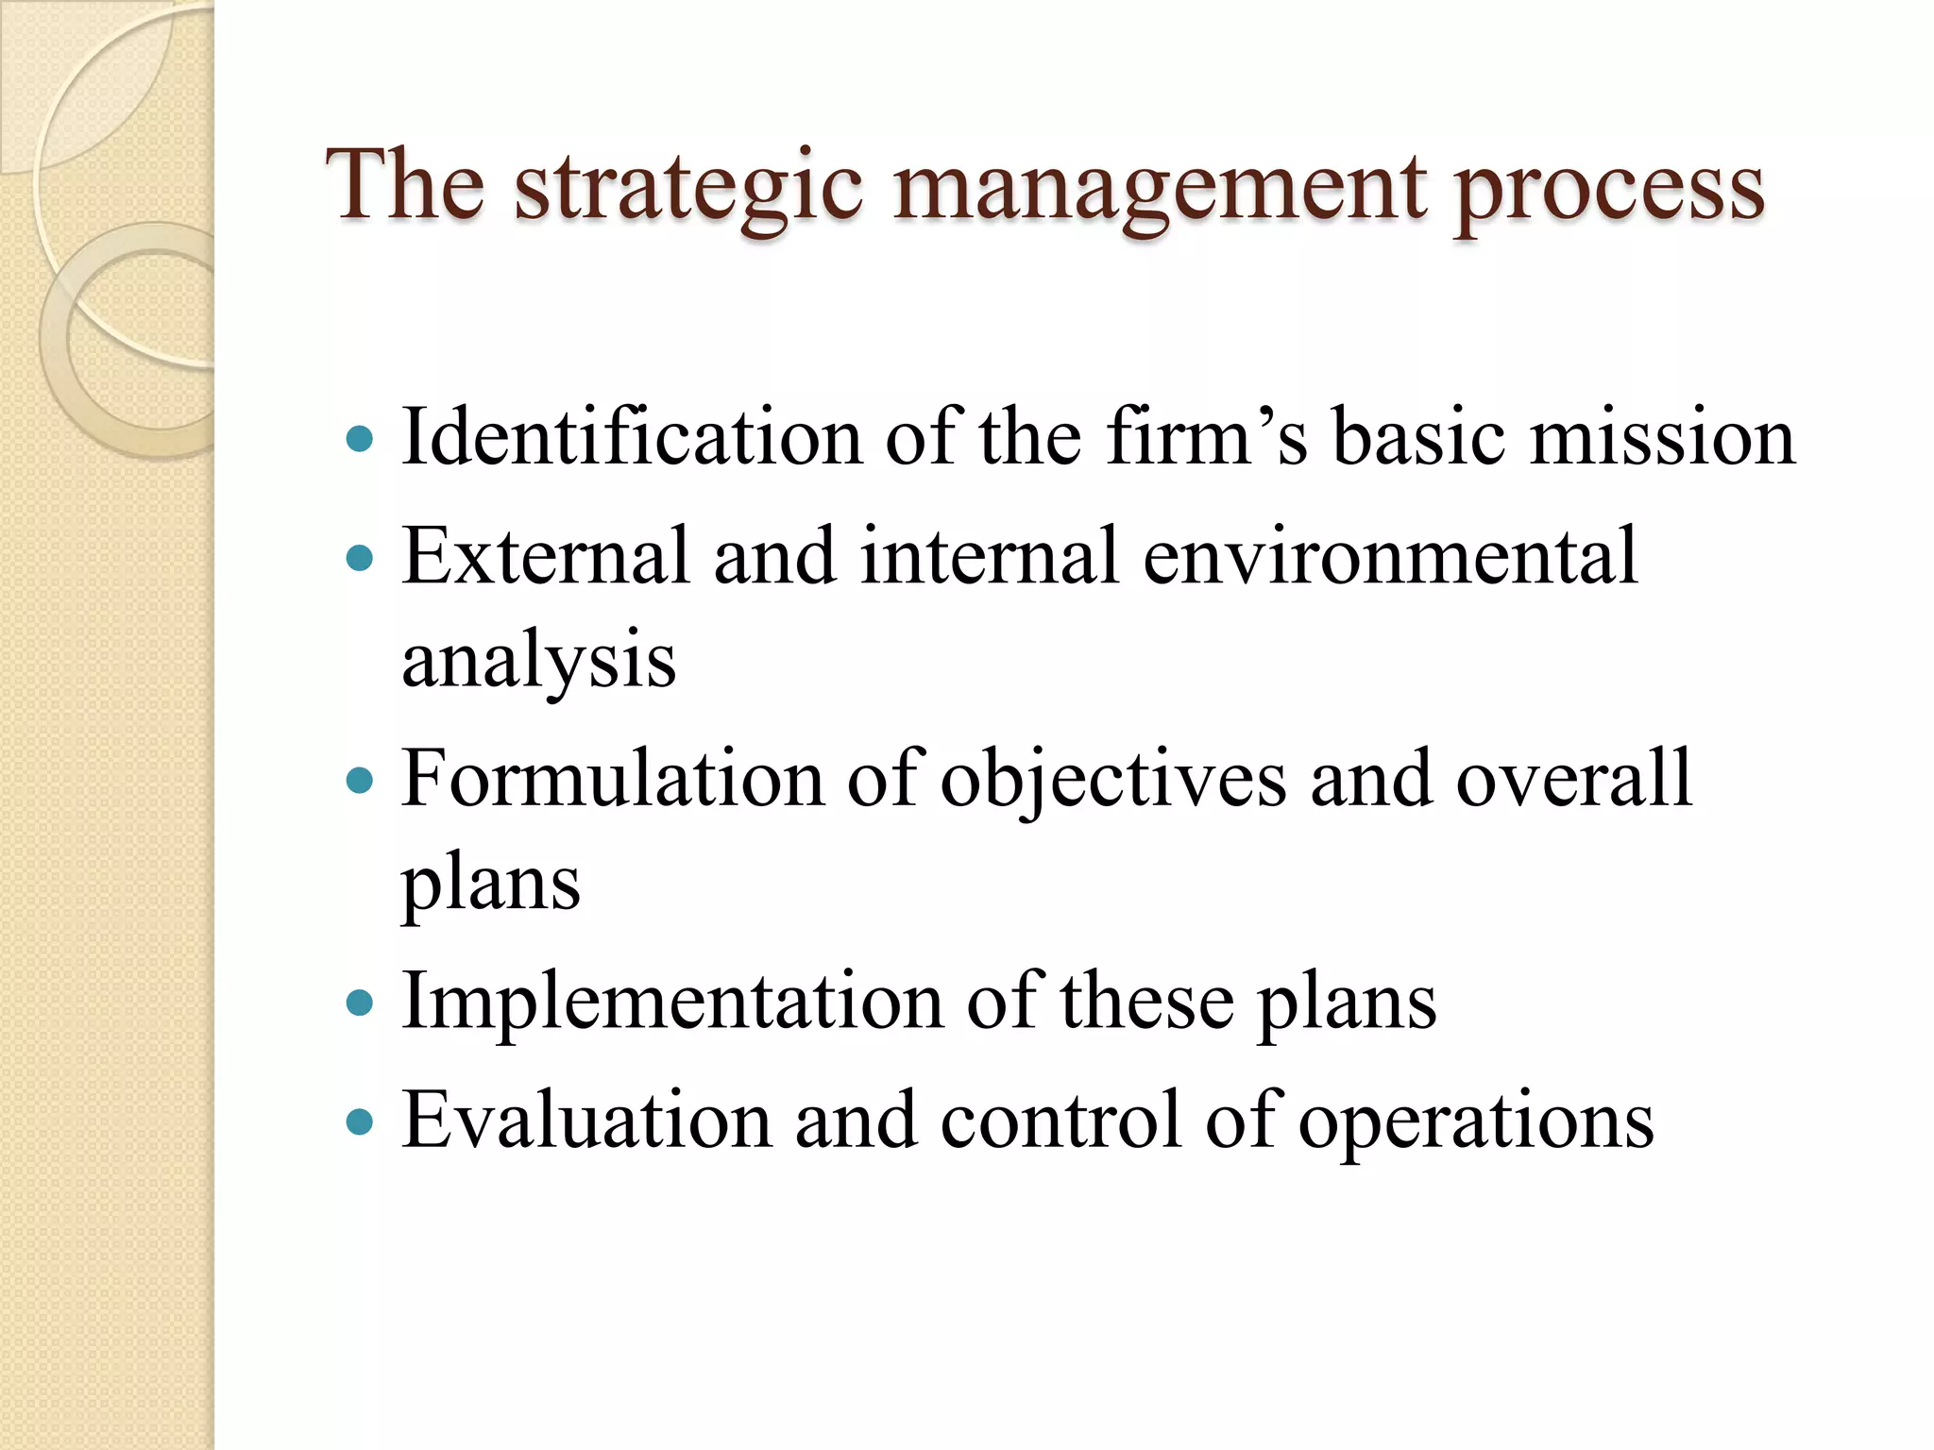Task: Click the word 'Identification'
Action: (x=632, y=436)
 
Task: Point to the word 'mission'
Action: (x=1662, y=436)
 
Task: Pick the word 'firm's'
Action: (x=1207, y=436)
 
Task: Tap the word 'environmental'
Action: (x=1390, y=556)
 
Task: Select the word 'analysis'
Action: (x=539, y=660)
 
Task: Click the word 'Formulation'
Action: (x=613, y=779)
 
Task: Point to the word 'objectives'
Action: (x=1113, y=781)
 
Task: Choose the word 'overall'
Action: (x=1574, y=779)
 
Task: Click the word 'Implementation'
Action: (x=671, y=1001)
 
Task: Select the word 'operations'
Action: (x=1476, y=1121)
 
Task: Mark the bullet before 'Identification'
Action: (x=360, y=439)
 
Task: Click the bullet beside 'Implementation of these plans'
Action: (x=360, y=1003)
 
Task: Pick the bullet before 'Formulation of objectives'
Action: (x=360, y=782)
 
